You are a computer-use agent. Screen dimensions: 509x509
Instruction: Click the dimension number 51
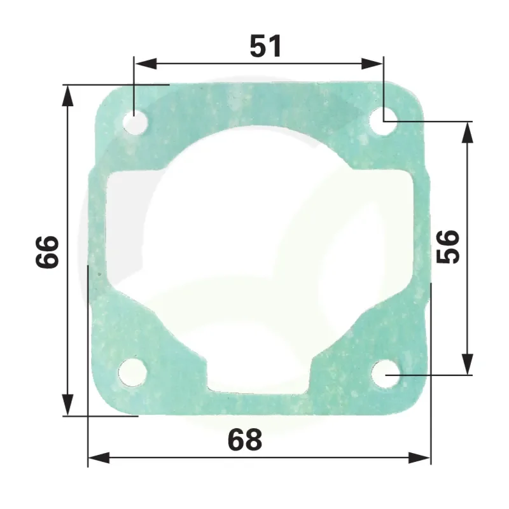(x=265, y=46)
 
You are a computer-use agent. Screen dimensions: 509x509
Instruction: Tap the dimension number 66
(x=47, y=252)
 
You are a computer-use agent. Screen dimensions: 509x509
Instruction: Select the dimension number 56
(x=449, y=247)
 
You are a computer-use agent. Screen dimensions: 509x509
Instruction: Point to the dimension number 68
(x=245, y=439)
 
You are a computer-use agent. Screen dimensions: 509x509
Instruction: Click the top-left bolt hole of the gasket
(x=136, y=123)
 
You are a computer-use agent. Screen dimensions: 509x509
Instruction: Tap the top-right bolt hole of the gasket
(x=384, y=122)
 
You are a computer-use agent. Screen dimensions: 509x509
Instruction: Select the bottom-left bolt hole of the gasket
(x=132, y=372)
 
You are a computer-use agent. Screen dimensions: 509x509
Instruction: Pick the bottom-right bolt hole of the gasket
(x=386, y=375)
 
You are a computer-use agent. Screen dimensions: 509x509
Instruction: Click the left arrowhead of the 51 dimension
(x=146, y=64)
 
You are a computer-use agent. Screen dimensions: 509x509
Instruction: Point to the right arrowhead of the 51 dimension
(x=372, y=64)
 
